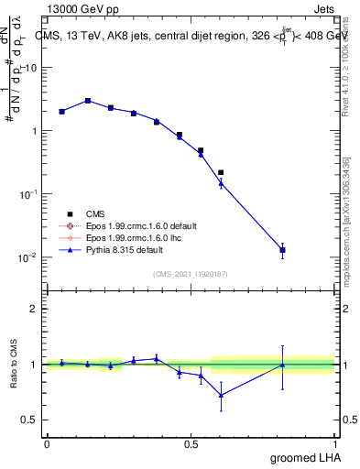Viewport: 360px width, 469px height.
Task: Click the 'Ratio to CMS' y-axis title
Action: point(14,365)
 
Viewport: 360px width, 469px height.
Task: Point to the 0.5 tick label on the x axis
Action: point(191,443)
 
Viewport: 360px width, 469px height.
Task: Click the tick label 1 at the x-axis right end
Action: point(335,443)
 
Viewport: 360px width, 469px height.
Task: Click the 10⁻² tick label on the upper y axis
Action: point(28,257)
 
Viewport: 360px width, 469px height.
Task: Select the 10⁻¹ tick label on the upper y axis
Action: point(28,194)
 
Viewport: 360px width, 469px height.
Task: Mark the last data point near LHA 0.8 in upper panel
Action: point(283,249)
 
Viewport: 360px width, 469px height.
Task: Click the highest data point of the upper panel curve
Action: point(88,101)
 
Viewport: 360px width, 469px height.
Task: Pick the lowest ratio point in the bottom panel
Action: point(221,395)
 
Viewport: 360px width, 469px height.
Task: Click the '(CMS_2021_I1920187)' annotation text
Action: point(191,272)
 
